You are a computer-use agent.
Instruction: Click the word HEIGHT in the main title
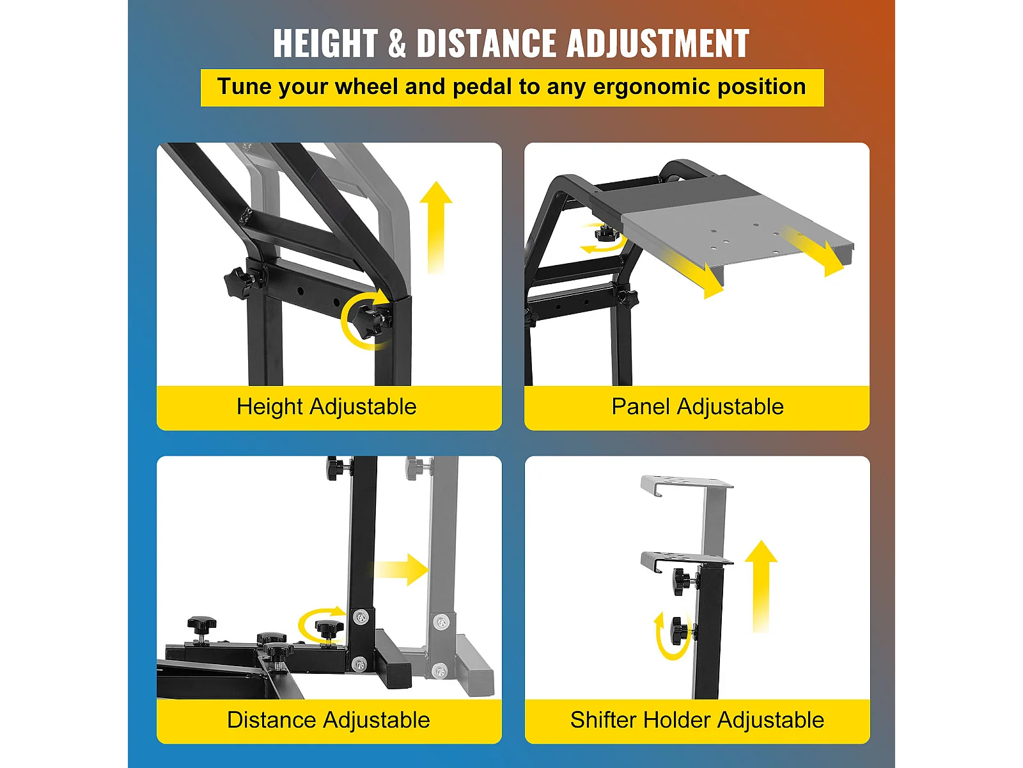325,44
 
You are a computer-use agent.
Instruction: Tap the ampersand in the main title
396,44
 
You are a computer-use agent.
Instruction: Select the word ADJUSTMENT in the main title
658,44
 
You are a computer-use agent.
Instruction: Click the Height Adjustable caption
326,406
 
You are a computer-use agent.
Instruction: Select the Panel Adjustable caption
697,406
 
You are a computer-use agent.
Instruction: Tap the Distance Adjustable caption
328,719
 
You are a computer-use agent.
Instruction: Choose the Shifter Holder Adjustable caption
697,719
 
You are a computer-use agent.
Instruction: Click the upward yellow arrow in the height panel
436,227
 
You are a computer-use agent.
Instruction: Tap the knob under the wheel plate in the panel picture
605,232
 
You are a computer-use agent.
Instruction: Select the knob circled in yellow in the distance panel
329,630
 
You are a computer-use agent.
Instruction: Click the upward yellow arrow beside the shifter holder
761,587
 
